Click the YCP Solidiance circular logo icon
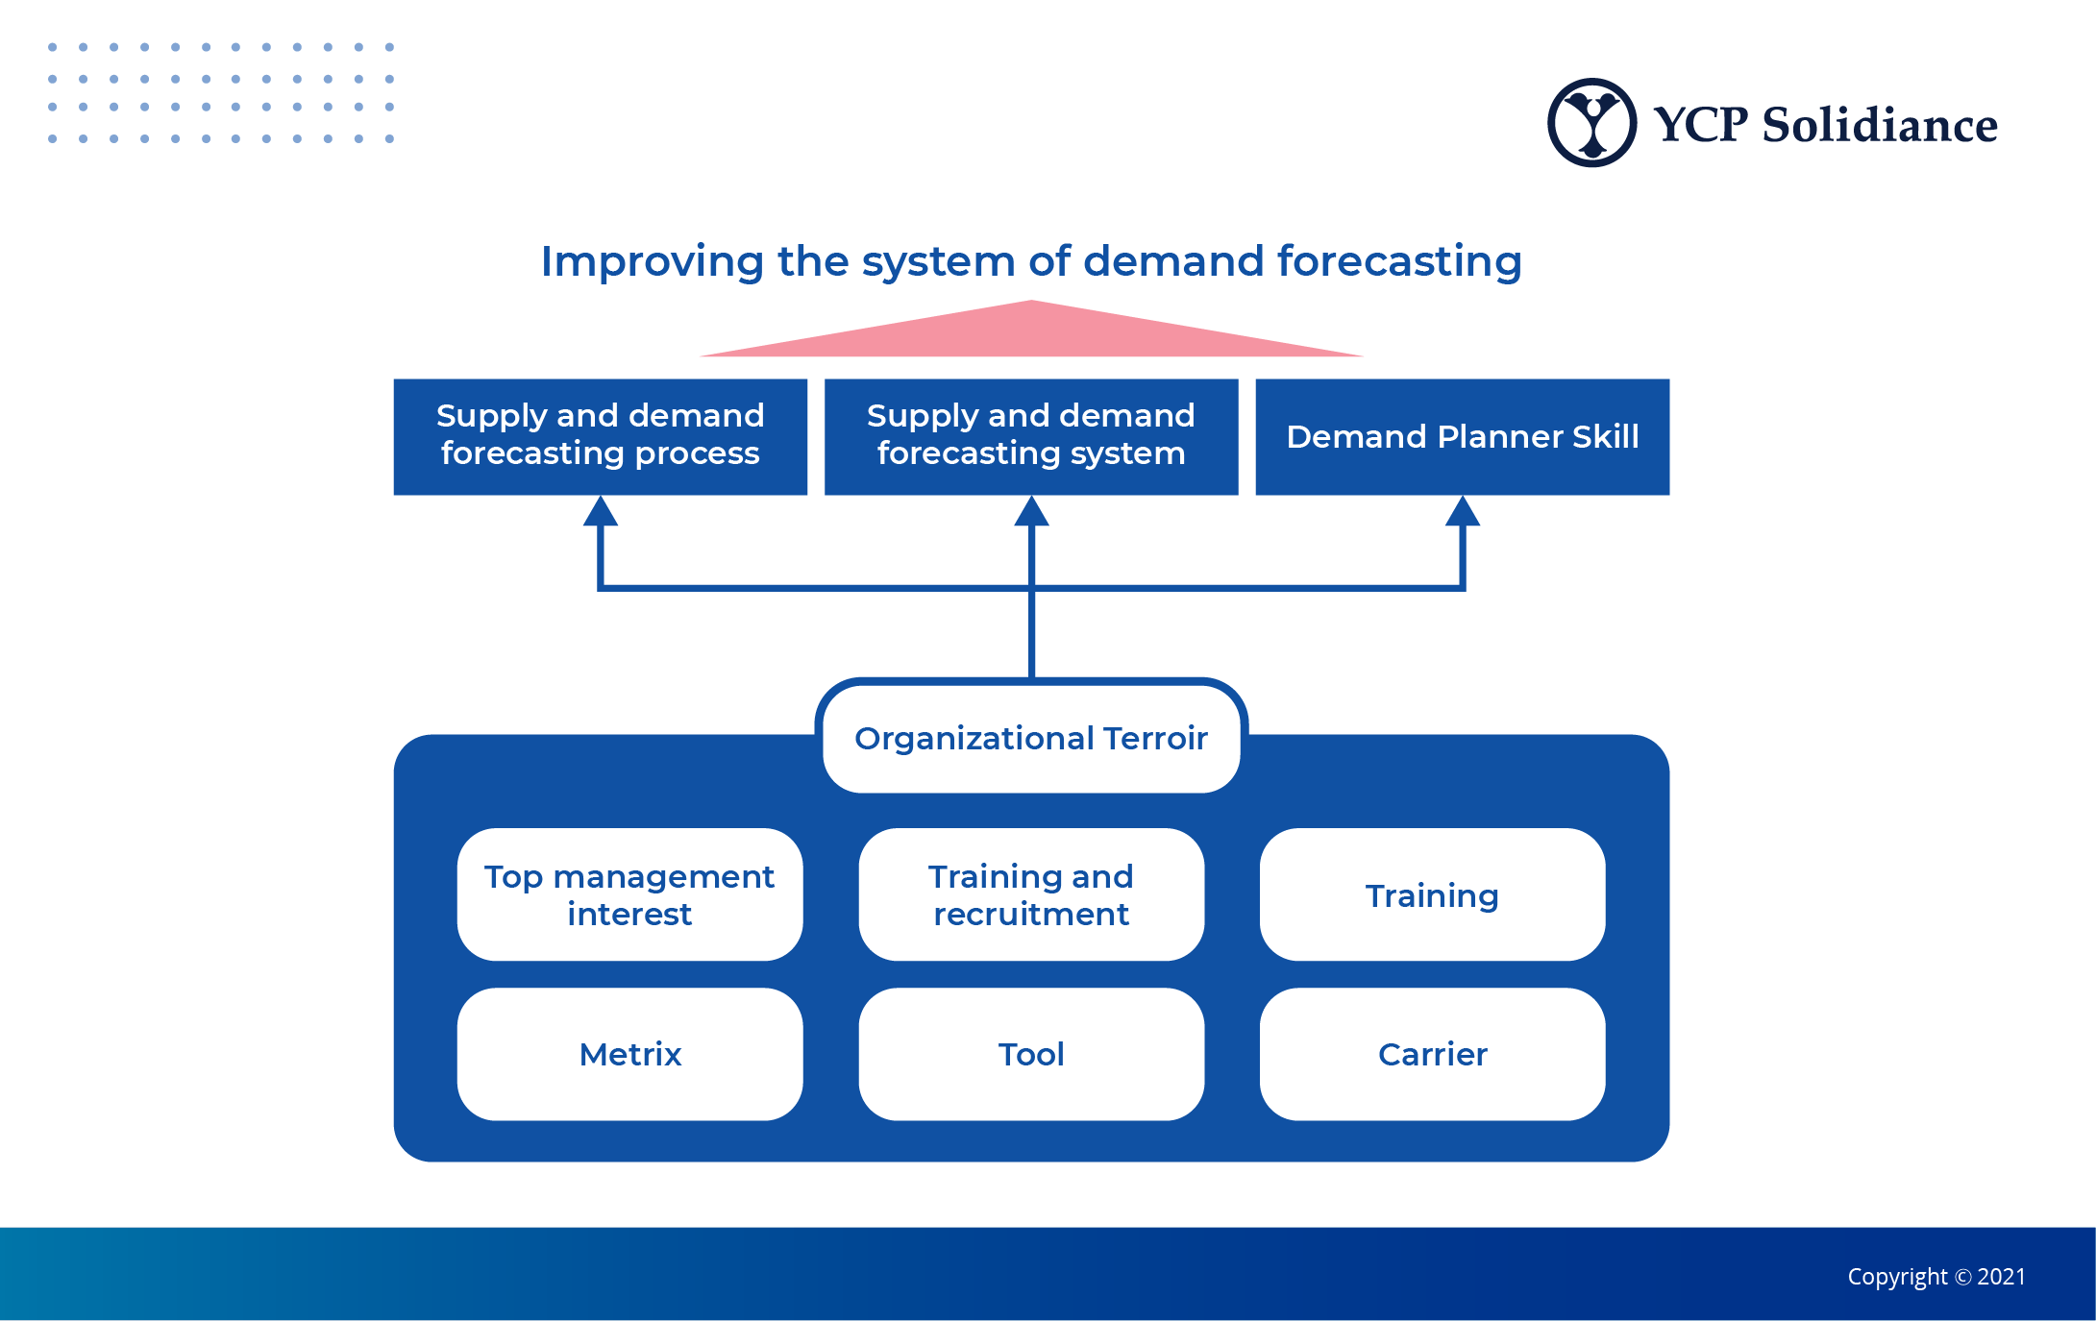(1591, 123)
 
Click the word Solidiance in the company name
(1879, 125)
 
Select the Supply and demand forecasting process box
(600, 436)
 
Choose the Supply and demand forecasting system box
(1031, 436)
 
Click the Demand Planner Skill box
(1462, 436)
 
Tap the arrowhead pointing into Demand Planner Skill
(1462, 512)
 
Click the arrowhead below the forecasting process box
(601, 512)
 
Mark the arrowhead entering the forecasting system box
(1031, 512)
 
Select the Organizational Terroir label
(1031, 738)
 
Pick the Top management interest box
(629, 894)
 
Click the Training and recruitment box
(1031, 894)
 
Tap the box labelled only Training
(1432, 894)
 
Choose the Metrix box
(629, 1054)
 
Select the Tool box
(1031, 1054)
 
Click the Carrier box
(1432, 1054)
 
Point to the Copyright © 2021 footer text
(1936, 1277)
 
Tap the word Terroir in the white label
(1155, 738)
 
